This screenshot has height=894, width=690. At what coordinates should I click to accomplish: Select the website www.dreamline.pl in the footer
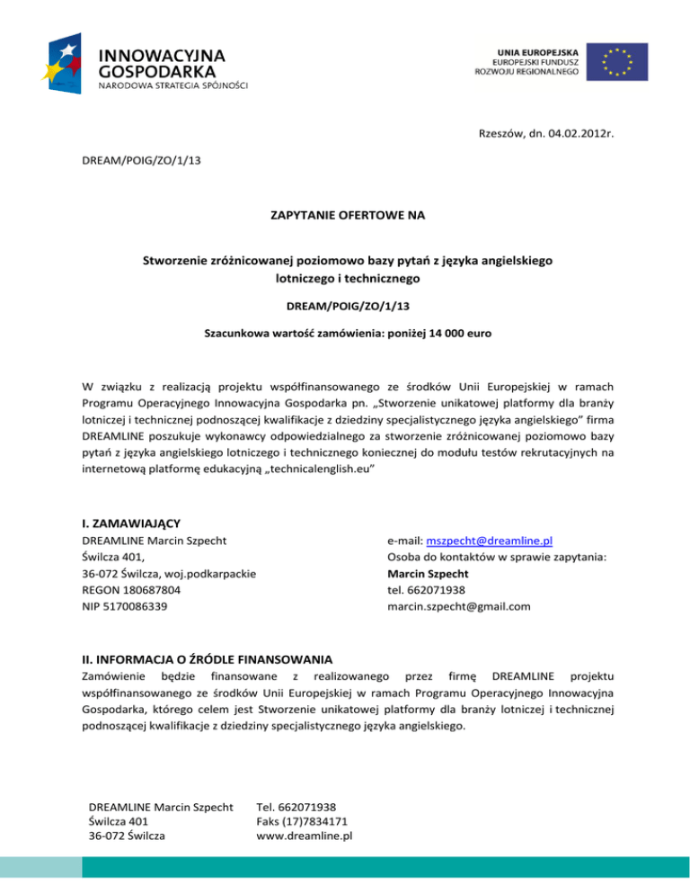click(304, 835)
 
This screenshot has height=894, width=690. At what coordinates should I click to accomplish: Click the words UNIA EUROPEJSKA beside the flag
click(537, 47)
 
